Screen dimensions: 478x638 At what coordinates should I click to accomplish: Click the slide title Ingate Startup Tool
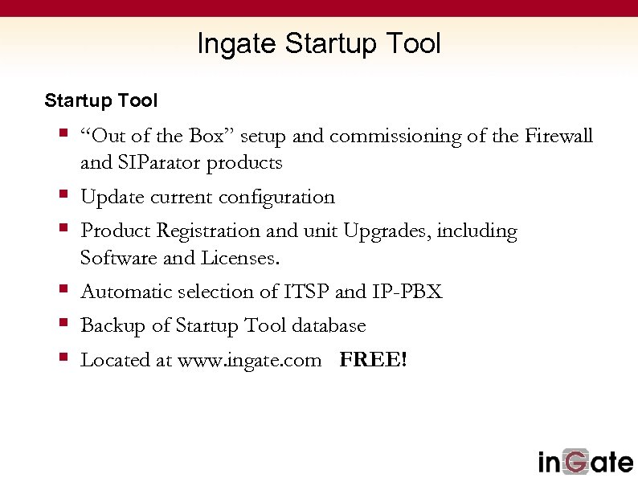coord(319,43)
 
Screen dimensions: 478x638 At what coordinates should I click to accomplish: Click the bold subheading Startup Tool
coord(101,101)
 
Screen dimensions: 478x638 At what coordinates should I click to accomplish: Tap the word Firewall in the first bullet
coord(558,136)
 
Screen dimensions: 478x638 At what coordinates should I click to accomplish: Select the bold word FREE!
coord(374,360)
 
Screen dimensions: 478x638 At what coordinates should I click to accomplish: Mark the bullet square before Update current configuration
coord(63,195)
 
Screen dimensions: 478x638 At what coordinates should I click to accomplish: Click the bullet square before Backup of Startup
coord(63,324)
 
